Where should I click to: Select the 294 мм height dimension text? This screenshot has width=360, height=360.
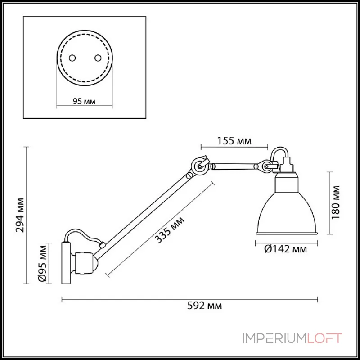tap(19, 215)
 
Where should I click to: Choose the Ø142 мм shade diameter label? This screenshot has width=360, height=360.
tap(286, 249)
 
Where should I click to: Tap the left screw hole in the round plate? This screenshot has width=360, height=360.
tap(72, 58)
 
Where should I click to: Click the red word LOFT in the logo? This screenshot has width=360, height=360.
tap(324, 338)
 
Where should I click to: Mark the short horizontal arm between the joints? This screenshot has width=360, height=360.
tap(234, 166)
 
